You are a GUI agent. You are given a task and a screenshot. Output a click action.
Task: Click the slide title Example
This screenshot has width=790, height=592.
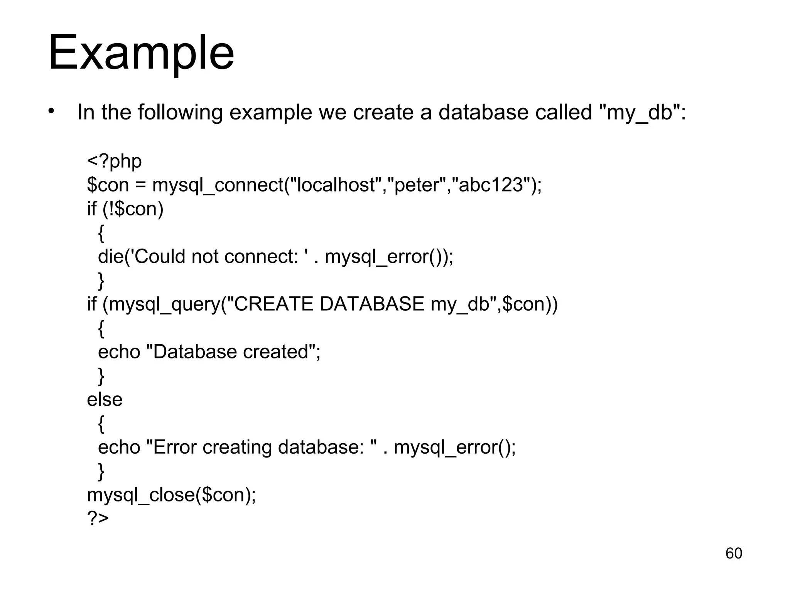141,53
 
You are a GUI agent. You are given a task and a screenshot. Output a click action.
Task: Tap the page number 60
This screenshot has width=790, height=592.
734,553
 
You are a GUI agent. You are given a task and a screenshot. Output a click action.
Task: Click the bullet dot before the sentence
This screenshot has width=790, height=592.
52,112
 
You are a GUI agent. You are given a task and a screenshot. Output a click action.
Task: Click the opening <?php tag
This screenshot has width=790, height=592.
114,161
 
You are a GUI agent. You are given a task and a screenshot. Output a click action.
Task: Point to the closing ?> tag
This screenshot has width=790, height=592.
98,518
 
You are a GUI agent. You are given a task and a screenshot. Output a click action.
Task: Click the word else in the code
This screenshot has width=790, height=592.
105,400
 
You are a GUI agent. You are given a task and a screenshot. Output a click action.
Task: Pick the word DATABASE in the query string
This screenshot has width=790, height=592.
372,304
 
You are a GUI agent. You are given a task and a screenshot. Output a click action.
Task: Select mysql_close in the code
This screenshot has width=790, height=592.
141,495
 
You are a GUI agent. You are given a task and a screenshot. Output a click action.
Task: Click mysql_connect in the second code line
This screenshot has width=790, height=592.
218,185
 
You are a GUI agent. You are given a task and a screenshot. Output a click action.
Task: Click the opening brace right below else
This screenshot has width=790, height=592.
101,424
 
